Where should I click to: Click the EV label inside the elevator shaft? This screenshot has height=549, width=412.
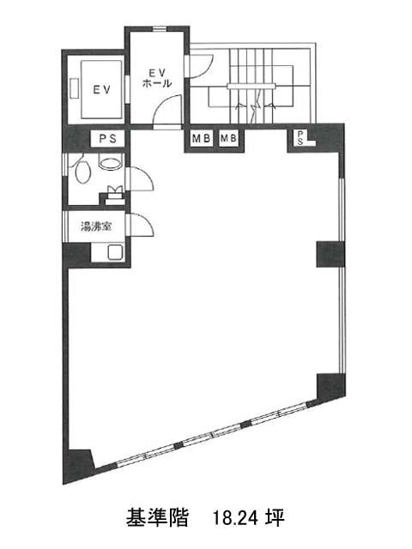[x=101, y=89]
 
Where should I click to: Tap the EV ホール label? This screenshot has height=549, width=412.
[x=157, y=78]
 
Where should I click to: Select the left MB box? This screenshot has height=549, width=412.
[x=201, y=139]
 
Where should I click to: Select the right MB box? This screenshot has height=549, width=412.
[x=228, y=139]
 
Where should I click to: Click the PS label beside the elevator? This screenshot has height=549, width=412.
[x=108, y=139]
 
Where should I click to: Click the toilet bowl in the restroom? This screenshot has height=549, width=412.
[x=83, y=171]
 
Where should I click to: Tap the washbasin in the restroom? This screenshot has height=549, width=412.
[x=111, y=163]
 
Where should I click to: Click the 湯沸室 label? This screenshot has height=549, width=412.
[x=96, y=226]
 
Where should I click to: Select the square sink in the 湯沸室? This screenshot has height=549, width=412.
[x=115, y=252]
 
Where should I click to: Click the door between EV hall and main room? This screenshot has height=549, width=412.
[x=167, y=109]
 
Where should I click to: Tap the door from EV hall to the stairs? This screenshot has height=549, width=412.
[x=200, y=66]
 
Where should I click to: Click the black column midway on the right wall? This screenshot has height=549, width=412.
[x=330, y=254]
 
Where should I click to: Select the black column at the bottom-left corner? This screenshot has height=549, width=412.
[x=78, y=466]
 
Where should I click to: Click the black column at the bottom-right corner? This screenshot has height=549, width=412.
[x=331, y=387]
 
